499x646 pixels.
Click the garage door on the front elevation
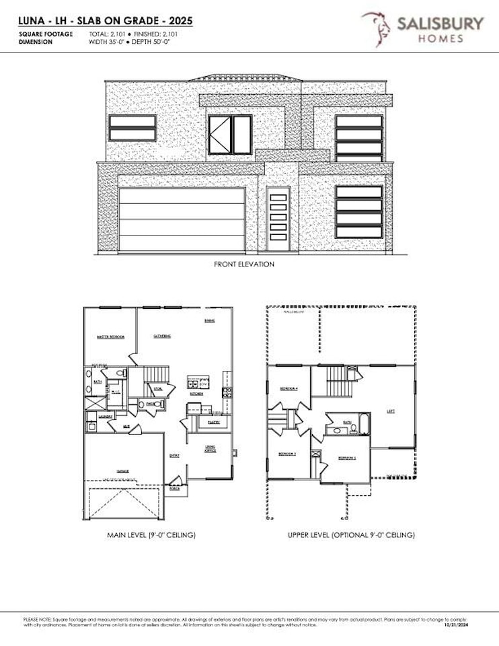pos(182,220)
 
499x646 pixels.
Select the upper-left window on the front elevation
pos(132,128)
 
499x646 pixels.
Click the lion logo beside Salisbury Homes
pos(377,29)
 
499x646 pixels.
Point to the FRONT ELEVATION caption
pos(244,264)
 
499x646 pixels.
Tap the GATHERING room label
pos(161,336)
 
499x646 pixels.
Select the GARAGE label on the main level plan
pos(122,471)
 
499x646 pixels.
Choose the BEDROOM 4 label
pos(289,389)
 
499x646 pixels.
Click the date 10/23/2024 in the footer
pos(456,626)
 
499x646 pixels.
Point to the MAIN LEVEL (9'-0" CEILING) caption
pos(151,535)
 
